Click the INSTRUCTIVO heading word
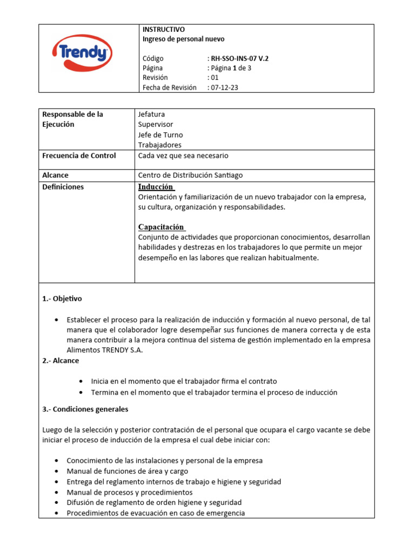tap(163, 29)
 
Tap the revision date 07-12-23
tap(224, 87)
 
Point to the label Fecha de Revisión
tap(170, 87)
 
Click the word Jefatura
tap(152, 114)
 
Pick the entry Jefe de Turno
tap(160, 135)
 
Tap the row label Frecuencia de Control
tap(79, 156)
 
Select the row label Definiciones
tap(63, 187)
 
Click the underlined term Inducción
tap(156, 187)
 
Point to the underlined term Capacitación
tap(161, 227)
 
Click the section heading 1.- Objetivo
tap(62, 299)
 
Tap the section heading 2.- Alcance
tap(61, 360)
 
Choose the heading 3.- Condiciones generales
tap(85, 409)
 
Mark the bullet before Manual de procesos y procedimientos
tap(57, 493)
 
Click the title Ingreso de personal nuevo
tap(183, 39)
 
